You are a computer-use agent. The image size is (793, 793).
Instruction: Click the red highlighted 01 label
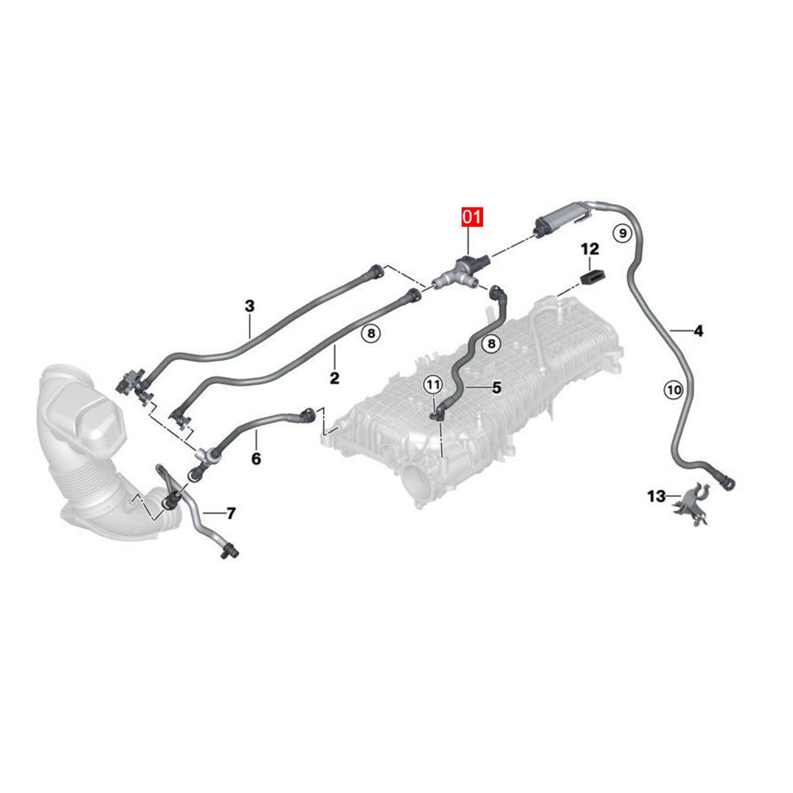click(x=472, y=217)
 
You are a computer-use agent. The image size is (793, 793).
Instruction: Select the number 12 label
click(x=590, y=249)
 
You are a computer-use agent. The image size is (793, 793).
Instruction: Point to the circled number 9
click(x=623, y=232)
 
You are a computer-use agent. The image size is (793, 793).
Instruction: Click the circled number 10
click(x=674, y=390)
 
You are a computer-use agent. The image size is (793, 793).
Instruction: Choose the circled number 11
click(x=433, y=384)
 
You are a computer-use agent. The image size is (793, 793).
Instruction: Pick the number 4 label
click(x=698, y=331)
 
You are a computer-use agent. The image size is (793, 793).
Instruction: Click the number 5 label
click(x=497, y=388)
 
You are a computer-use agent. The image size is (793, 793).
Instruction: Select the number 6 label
click(x=256, y=459)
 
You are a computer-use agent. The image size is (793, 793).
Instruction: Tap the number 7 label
click(x=231, y=513)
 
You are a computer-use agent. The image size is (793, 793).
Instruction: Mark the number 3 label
click(x=250, y=306)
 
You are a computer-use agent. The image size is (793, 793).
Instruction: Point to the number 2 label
click(x=335, y=378)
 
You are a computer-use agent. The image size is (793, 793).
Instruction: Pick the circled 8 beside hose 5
click(x=491, y=343)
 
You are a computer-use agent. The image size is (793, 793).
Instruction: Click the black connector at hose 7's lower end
click(x=229, y=550)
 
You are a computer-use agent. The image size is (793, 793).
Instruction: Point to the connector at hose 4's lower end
click(x=727, y=481)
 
